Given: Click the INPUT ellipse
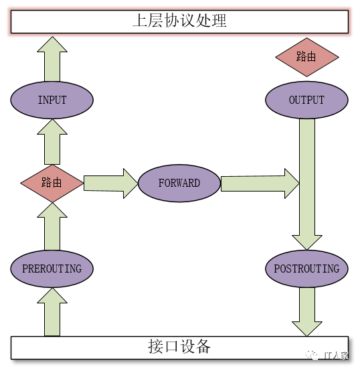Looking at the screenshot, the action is (52, 100).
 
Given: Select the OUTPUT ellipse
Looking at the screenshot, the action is (306, 100).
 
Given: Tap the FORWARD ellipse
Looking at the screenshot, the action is (179, 183).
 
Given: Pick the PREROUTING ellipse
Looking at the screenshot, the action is (52, 269).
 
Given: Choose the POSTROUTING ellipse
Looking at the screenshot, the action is (306, 269).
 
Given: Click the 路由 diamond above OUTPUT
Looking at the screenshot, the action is (307, 58).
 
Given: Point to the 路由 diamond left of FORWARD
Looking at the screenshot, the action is (52, 183).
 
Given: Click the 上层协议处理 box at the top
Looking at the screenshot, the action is (179, 21).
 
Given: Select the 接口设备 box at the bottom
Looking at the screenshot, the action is (179, 348).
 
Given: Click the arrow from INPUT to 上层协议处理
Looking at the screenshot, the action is (52, 59).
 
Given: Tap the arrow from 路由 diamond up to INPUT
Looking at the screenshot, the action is (52, 142).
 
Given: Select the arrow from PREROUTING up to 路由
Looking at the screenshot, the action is (52, 226).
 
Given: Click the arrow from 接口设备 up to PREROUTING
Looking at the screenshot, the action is (52, 312).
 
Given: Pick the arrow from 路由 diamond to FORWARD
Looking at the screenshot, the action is (111, 183).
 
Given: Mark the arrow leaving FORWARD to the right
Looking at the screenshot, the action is (260, 183).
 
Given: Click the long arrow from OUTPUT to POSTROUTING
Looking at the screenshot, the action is (307, 184).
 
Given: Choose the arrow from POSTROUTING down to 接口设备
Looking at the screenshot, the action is (307, 312).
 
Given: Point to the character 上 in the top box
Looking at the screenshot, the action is (141, 21).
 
